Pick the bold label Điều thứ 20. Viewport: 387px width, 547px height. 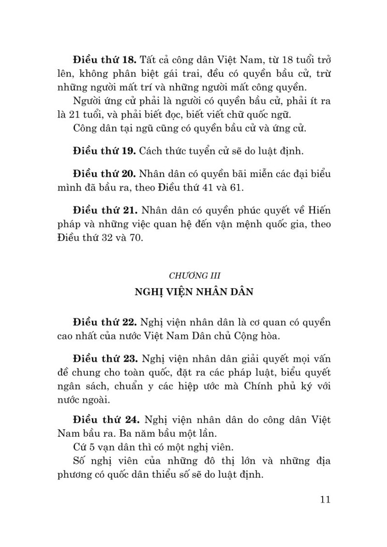[x=104, y=173]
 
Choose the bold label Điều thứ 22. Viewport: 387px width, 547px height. [x=104, y=322]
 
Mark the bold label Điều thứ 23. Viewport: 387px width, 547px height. [x=104, y=358]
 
